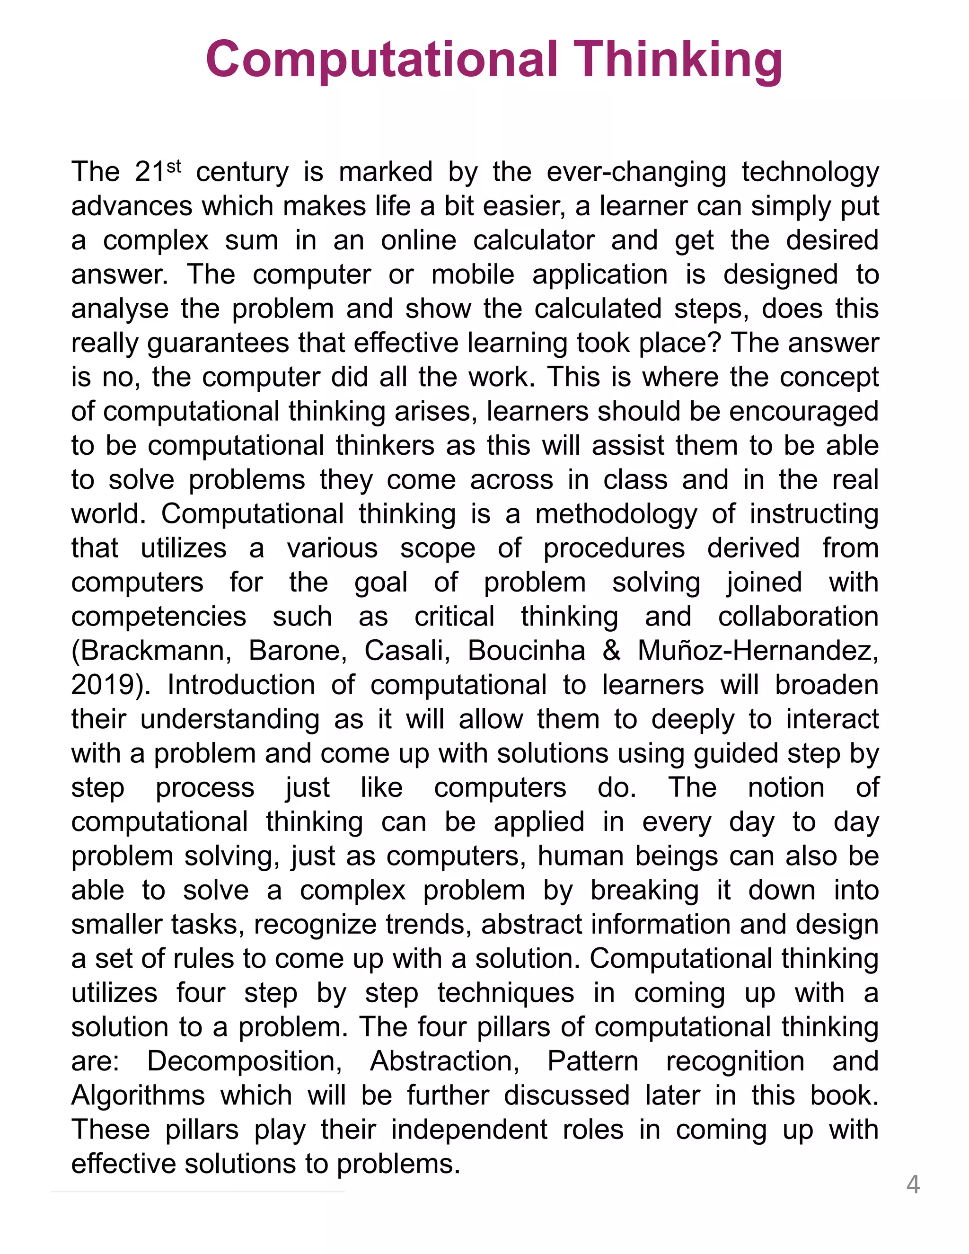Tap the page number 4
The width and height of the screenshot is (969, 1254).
(x=913, y=1184)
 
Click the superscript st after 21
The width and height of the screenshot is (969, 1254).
(x=173, y=167)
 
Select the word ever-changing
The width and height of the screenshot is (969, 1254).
(x=636, y=172)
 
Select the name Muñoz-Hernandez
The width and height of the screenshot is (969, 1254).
(x=758, y=651)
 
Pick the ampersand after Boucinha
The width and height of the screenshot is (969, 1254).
(x=611, y=651)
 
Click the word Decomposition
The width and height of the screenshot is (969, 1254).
(x=245, y=1061)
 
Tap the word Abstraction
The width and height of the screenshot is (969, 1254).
(x=445, y=1061)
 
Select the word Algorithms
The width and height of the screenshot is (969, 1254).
(x=138, y=1095)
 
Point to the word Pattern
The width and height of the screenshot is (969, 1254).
(x=592, y=1061)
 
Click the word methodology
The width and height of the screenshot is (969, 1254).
(x=616, y=514)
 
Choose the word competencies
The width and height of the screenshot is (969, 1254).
(x=159, y=617)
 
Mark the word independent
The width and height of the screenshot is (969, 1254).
(x=469, y=1130)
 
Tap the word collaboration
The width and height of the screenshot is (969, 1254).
(x=798, y=617)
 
